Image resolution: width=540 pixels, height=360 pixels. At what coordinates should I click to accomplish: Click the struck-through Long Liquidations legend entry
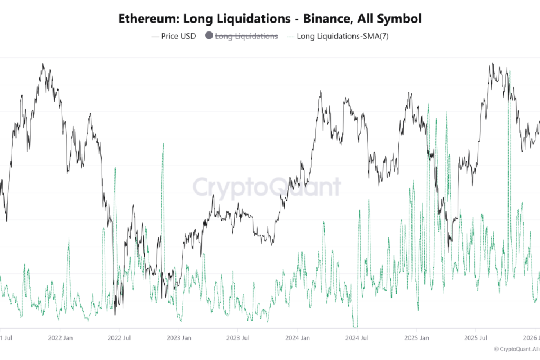pyautogui.click(x=246, y=36)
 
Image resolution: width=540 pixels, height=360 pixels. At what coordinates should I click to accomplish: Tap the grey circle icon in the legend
pyautogui.click(x=209, y=36)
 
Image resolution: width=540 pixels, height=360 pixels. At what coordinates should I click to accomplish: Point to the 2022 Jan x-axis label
pyautogui.click(x=60, y=337)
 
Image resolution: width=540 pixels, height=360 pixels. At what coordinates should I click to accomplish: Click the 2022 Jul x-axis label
pyautogui.click(x=120, y=337)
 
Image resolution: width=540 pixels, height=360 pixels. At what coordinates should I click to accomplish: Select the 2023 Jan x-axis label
pyautogui.click(x=179, y=337)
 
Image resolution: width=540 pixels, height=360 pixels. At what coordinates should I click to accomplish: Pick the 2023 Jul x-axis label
pyautogui.click(x=239, y=337)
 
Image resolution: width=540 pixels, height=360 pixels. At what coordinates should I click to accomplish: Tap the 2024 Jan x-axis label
pyautogui.click(x=298, y=337)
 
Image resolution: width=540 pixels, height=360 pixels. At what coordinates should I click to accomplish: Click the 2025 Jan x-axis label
pyautogui.click(x=417, y=337)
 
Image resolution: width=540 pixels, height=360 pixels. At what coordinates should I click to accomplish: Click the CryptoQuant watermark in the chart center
pyautogui.click(x=267, y=188)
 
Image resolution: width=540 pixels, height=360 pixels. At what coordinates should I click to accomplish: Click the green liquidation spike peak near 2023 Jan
pyautogui.click(x=163, y=143)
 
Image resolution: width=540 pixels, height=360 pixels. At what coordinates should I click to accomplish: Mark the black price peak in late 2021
pyautogui.click(x=43, y=64)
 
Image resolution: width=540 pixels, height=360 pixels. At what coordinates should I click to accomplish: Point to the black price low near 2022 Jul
pyautogui.click(x=115, y=314)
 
